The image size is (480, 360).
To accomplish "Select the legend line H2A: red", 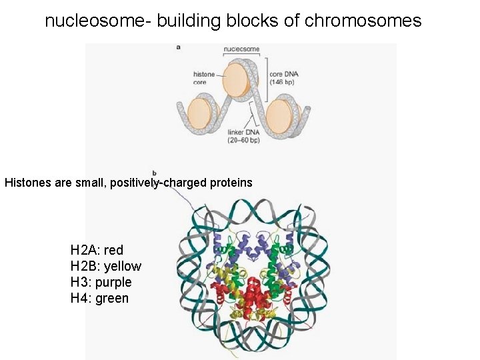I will (97, 251).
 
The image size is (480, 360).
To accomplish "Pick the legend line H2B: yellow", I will (106, 267).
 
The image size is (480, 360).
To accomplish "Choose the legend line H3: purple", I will (101, 283).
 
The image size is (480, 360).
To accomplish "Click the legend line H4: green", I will (99, 299).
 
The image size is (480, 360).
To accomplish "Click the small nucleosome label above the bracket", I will (241, 49).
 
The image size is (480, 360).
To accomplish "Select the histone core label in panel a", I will (204, 77).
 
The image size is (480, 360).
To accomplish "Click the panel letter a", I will (178, 47).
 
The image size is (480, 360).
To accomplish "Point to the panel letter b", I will (155, 174).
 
